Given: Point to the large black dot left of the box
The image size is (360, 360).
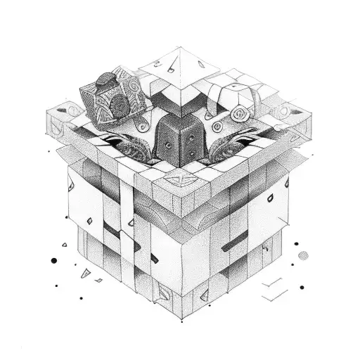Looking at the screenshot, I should pyautogui.click(x=53, y=261).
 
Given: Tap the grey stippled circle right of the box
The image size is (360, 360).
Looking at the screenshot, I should pyautogui.click(x=302, y=254).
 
